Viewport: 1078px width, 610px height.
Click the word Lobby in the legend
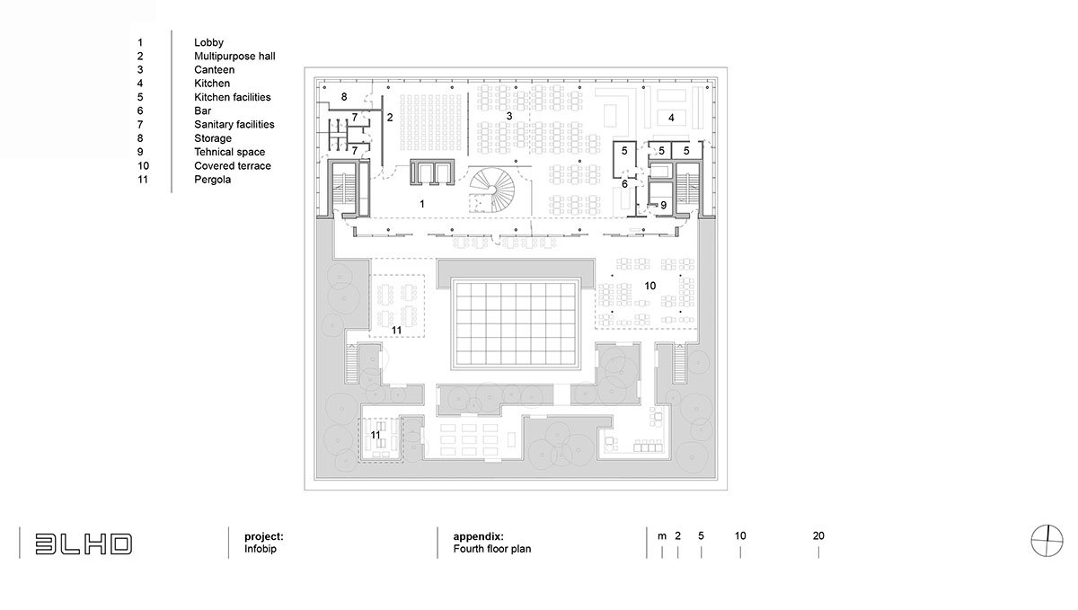tap(208, 42)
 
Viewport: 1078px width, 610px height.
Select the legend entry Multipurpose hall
tap(234, 56)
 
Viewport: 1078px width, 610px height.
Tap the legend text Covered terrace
tap(233, 165)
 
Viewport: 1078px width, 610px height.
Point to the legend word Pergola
tap(212, 180)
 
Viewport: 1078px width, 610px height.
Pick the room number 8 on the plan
tap(343, 97)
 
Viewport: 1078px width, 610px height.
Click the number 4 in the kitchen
tap(671, 118)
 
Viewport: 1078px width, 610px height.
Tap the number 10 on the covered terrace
tap(649, 286)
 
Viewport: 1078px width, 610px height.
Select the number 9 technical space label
tap(663, 206)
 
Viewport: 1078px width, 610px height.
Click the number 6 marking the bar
tap(624, 184)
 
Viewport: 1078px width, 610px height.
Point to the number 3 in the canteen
tap(508, 116)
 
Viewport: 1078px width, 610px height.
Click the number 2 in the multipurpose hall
tap(390, 118)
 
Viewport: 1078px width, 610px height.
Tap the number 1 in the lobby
tap(422, 204)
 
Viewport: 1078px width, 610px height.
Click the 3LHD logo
tap(84, 544)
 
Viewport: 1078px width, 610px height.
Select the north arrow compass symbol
tap(1047, 540)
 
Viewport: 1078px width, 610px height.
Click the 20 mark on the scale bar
tap(818, 535)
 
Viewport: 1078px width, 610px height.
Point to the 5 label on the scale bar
tap(701, 535)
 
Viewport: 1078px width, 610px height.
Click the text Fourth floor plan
tap(492, 549)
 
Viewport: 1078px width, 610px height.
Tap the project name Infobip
tap(260, 549)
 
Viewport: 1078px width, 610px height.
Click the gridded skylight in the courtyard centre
tap(515, 324)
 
